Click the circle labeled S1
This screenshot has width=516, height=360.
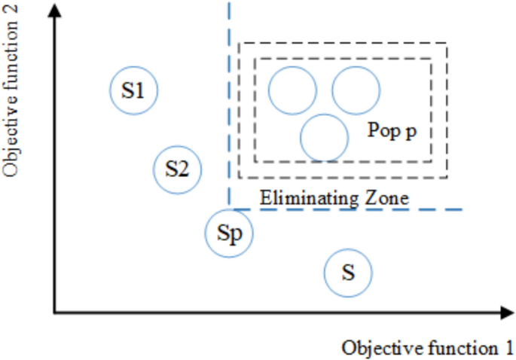click(133, 91)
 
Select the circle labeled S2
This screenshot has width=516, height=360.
click(177, 169)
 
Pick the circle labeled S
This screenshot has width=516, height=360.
click(348, 272)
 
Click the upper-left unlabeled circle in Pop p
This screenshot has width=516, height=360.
click(292, 90)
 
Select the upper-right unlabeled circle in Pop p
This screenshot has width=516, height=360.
click(356, 90)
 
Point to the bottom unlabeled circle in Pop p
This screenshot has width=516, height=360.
click(324, 137)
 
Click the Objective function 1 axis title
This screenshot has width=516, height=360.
click(426, 348)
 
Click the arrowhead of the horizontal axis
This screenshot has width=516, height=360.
click(506, 311)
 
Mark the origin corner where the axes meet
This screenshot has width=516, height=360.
click(54, 311)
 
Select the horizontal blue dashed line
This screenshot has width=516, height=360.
click(347, 209)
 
